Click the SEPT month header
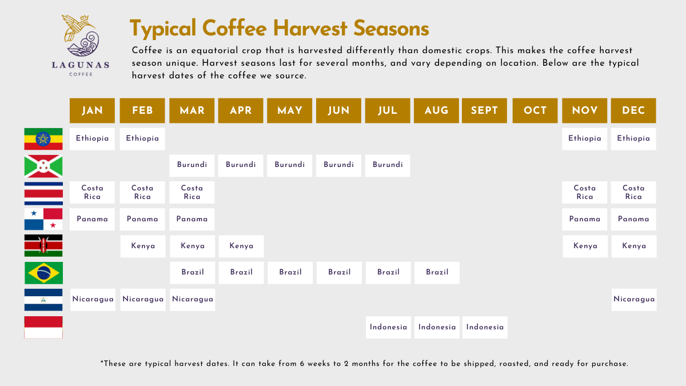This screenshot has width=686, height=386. point(485,110)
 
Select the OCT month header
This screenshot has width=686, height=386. point(535,110)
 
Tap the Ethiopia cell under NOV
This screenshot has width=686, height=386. point(585,139)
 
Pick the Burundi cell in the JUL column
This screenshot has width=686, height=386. point(388,165)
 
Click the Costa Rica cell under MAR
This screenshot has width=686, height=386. point(192,192)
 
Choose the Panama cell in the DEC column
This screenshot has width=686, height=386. point(633,220)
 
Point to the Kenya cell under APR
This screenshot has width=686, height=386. point(241,246)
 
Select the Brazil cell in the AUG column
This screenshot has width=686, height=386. point(437,273)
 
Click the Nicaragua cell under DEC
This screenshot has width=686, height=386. point(634,300)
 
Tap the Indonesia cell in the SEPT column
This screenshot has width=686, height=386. point(485,328)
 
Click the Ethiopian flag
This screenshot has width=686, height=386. point(43,139)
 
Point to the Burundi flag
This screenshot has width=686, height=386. point(43,166)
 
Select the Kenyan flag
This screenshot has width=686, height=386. point(43,246)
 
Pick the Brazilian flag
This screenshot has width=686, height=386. point(44,273)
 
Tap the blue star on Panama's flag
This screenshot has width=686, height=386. point(34,213)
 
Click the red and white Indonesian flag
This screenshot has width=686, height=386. point(43,328)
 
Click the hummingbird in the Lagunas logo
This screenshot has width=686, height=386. point(77,27)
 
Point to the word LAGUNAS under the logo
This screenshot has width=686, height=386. point(81,65)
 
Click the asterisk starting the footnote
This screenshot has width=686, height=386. point(102,362)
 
